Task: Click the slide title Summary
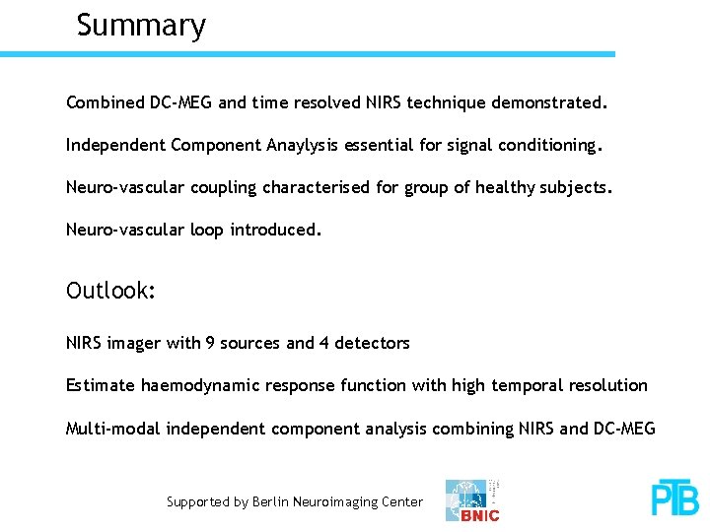coord(141,25)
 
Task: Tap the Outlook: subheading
coord(110,292)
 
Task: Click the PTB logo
coord(674,499)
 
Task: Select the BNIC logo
coord(473,500)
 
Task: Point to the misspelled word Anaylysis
coord(302,146)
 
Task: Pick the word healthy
coord(506,187)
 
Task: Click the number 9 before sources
coord(210,343)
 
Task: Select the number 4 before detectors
coord(324,343)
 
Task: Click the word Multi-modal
coord(113,429)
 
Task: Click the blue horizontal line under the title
coord(307,54)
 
